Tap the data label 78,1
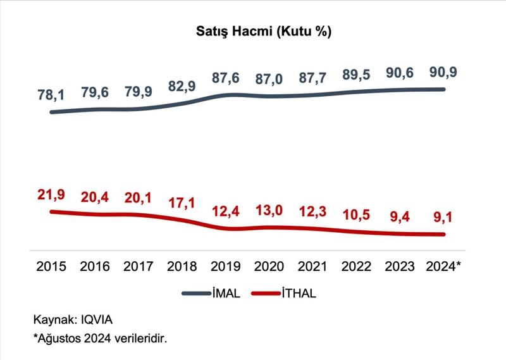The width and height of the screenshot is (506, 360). coord(51,95)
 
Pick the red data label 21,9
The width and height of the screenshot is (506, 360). coord(51,194)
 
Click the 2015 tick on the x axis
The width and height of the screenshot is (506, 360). coord(51,267)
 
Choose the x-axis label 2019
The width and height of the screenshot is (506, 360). coord(226,267)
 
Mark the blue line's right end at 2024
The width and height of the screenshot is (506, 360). coord(444,89)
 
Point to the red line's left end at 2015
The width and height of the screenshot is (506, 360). coord(51,211)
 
